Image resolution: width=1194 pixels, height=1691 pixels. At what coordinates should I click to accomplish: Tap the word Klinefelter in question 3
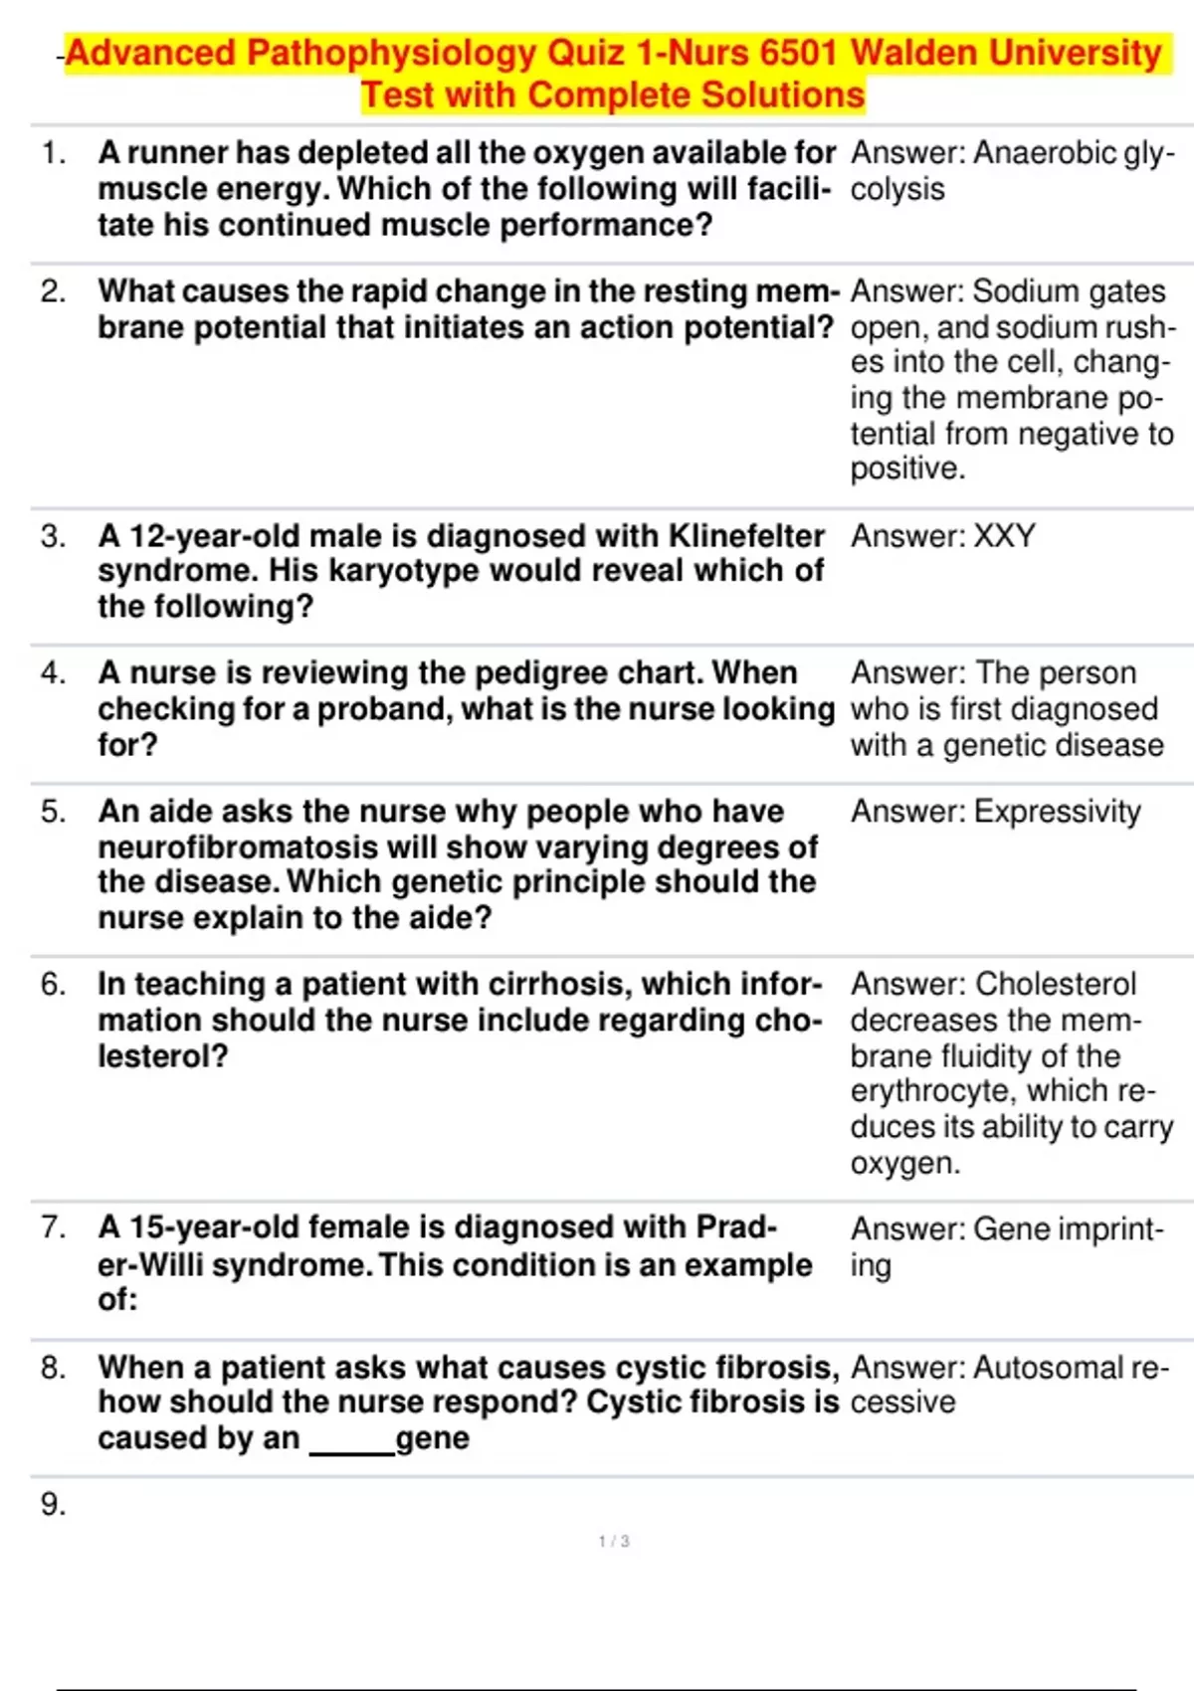click(746, 536)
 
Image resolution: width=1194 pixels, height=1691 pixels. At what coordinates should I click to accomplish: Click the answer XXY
click(1004, 536)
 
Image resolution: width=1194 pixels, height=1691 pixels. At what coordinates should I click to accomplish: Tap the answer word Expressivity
click(1057, 812)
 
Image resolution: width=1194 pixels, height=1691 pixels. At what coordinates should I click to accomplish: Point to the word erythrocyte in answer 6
click(933, 1091)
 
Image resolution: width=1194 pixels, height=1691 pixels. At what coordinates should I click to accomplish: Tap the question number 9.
click(54, 1505)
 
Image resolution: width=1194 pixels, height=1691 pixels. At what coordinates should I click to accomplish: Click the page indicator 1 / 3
click(614, 1542)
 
